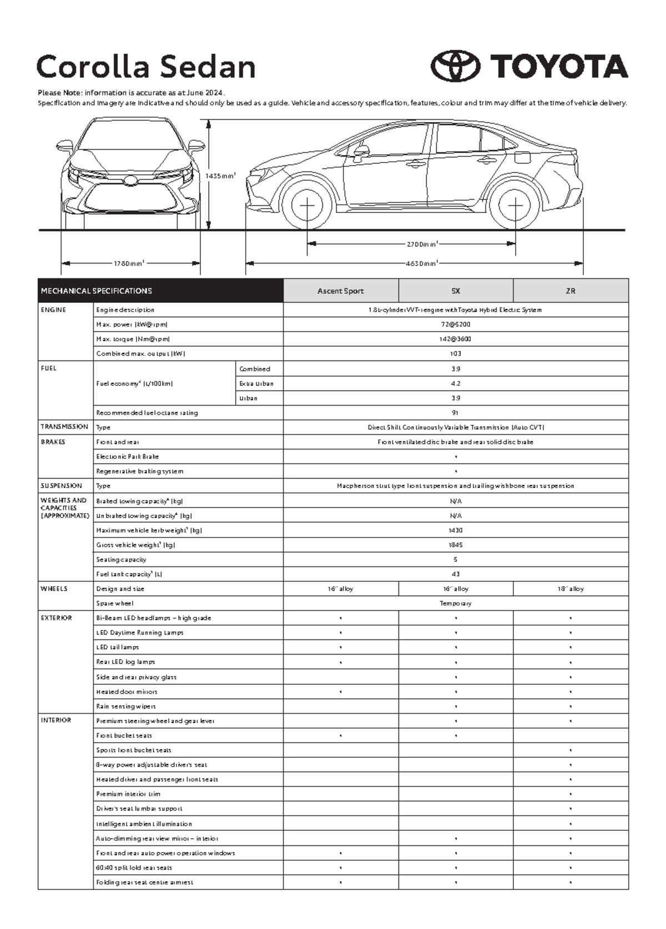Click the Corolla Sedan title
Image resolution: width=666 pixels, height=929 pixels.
click(146, 67)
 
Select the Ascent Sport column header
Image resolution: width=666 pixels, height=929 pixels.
click(340, 291)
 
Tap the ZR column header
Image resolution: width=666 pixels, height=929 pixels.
click(570, 291)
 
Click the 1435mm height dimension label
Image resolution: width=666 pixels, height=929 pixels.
click(220, 176)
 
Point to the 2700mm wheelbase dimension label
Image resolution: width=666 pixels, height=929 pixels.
click(422, 244)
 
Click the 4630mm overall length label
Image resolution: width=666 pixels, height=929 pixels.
click(421, 263)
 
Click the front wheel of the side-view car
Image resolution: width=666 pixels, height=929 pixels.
click(307, 205)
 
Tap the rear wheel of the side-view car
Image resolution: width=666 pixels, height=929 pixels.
click(515, 205)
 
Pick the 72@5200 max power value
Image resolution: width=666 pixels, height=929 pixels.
click(455, 324)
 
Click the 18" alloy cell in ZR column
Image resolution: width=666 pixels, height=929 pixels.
click(570, 589)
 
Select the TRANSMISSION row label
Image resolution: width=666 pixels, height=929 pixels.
click(64, 427)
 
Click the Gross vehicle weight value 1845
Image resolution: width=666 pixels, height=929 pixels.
click(455, 545)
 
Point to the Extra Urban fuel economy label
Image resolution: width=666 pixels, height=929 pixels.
click(256, 383)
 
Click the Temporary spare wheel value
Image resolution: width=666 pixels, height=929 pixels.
click(455, 603)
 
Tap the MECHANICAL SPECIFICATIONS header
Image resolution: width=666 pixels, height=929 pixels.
click(96, 291)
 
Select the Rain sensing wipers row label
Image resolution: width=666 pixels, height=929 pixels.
click(126, 706)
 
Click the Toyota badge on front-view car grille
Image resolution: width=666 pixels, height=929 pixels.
click(130, 180)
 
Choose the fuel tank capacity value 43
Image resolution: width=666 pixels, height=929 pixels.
click(455, 574)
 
